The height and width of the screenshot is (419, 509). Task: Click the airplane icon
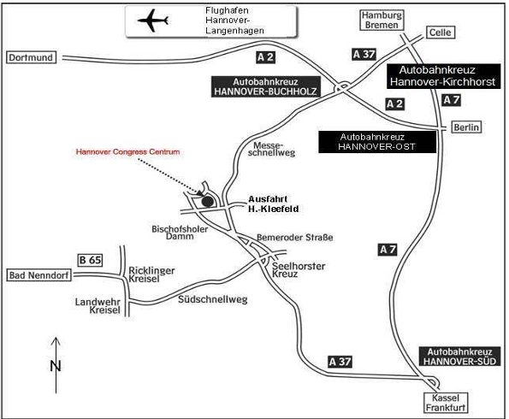152,21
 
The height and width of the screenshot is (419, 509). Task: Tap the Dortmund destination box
31,57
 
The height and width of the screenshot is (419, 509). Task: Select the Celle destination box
441,32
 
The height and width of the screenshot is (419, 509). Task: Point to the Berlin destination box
466,127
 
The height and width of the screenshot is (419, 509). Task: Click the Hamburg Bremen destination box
382,21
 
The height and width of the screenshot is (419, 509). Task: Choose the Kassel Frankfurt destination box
446,403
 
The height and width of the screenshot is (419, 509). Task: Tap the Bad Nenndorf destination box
39,275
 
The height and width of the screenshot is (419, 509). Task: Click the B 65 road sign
91,260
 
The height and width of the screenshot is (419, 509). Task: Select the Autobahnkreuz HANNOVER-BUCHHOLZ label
265,86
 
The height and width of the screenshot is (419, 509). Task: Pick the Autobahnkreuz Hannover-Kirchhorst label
443,76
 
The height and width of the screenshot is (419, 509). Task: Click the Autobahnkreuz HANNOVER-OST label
377,142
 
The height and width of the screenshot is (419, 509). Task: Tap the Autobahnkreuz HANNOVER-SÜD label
459,357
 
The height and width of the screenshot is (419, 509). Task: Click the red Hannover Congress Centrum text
128,152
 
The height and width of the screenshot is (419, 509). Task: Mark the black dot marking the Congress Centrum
208,202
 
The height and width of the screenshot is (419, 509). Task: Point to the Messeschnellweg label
271,150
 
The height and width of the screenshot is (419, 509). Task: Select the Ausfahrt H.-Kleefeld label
274,204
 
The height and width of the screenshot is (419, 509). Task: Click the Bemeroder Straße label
295,238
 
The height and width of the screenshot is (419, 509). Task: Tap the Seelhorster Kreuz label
299,270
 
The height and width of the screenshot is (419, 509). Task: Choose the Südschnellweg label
213,299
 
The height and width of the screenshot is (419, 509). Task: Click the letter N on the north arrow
56,366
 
